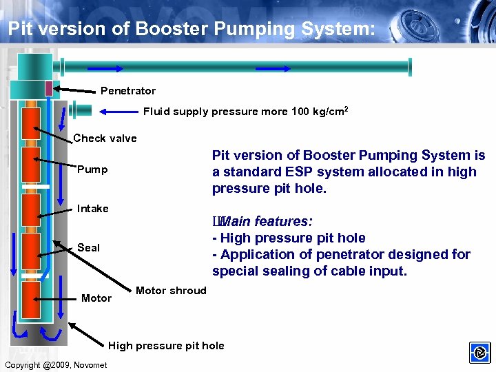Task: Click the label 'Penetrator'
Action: point(128,91)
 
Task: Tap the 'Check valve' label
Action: point(105,138)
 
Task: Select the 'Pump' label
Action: point(92,169)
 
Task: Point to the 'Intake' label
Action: point(93,209)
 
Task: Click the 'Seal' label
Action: point(88,247)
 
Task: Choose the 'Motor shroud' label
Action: point(171,291)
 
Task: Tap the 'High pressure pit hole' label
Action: point(166,346)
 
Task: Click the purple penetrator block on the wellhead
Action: point(48,88)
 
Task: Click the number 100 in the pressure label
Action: point(301,112)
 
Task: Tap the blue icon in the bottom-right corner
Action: point(479,353)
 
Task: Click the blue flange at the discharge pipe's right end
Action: point(410,66)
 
